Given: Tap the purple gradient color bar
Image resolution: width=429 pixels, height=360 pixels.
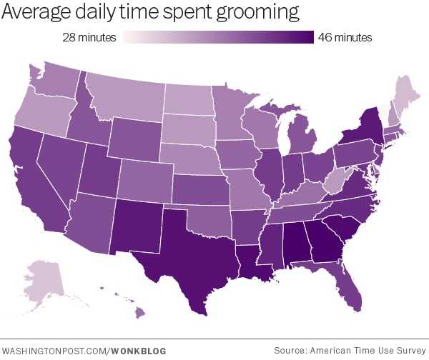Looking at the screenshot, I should point(219,38).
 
